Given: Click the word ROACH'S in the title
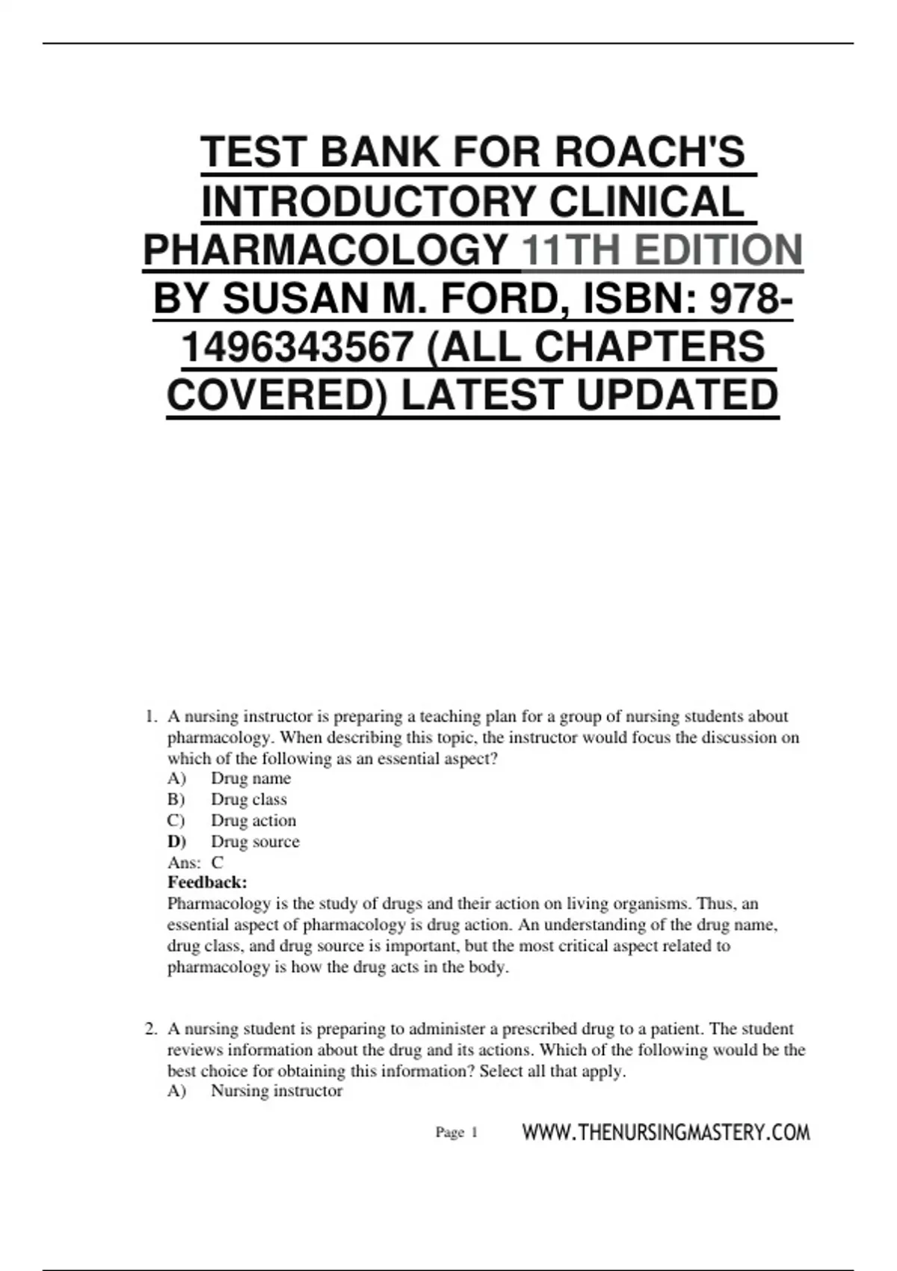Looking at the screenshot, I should [650, 152].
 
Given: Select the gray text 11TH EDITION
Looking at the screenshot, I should [662, 250].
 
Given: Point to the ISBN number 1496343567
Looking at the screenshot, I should [298, 347].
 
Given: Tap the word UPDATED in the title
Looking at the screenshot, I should [677, 395].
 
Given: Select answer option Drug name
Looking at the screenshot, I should [250, 778].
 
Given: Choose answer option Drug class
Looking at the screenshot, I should [248, 799].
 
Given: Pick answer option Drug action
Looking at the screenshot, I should [253, 820].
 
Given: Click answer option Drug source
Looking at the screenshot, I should [255, 841].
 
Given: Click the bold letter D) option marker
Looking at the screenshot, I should [176, 841].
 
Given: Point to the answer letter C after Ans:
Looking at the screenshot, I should [218, 862].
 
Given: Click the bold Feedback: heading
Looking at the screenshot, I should [207, 882].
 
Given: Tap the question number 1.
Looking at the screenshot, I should [150, 716].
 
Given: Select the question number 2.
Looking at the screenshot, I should [150, 1029].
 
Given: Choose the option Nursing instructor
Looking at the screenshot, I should [277, 1091].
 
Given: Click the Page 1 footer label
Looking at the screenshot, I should [456, 1133].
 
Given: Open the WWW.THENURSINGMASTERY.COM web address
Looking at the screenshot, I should [665, 1132].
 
